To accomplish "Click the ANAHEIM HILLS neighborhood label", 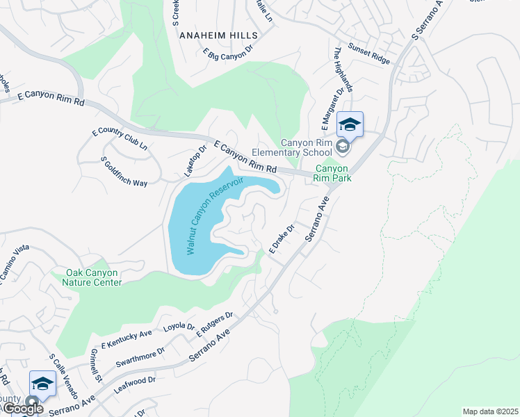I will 218,35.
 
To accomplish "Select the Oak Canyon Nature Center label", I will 93,277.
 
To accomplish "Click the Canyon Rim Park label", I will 334,173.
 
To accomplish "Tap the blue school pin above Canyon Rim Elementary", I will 350,125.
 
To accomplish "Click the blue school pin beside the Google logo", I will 42,384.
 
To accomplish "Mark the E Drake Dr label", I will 282,238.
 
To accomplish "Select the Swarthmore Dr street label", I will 140,355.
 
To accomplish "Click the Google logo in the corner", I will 22,409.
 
